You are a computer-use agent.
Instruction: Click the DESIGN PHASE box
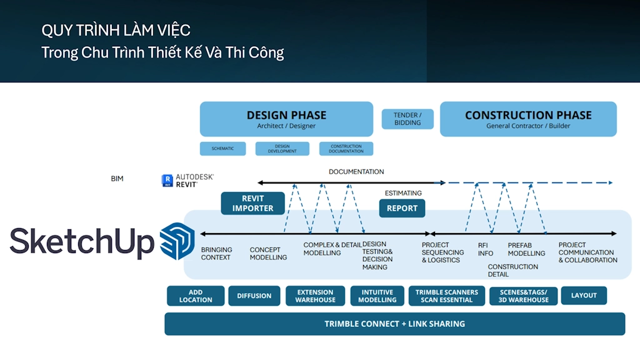286,119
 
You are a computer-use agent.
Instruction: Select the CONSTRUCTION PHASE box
528,119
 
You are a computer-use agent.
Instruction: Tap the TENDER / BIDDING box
407,119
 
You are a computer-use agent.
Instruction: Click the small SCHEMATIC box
222,149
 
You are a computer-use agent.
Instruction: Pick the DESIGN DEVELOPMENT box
282,149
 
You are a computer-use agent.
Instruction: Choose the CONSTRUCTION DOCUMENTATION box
346,149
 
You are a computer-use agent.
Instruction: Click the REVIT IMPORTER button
252,204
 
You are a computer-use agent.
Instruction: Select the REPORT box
402,208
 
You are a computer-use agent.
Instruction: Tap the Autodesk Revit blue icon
167,181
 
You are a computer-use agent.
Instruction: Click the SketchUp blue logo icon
177,241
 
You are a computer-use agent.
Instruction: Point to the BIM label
117,179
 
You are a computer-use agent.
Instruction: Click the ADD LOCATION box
196,296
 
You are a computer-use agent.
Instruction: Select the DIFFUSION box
254,296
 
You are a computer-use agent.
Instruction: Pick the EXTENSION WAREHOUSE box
315,296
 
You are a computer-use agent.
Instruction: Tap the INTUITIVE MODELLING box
377,296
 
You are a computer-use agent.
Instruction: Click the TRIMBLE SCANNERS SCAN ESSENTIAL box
446,296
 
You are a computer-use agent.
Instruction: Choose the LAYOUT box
584,296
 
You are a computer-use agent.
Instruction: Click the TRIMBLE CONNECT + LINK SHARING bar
394,324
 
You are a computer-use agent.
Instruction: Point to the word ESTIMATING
403,193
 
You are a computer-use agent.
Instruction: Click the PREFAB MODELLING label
526,249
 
